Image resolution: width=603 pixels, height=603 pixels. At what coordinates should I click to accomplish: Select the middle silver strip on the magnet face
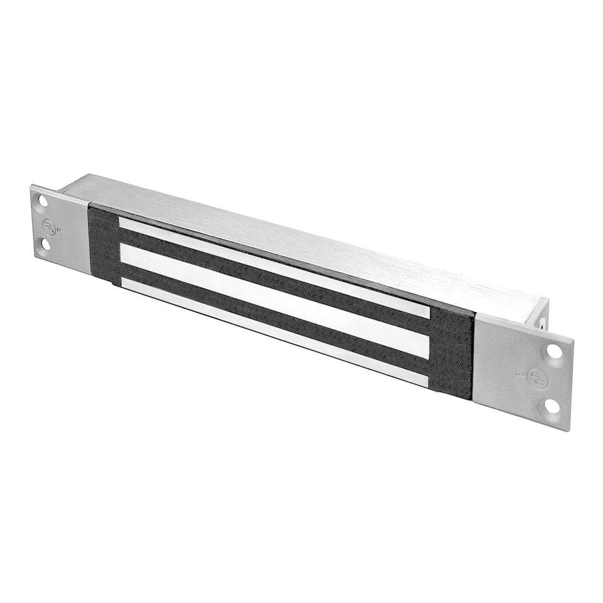(x=269, y=293)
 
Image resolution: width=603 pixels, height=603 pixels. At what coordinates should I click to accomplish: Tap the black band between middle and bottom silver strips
(x=263, y=307)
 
